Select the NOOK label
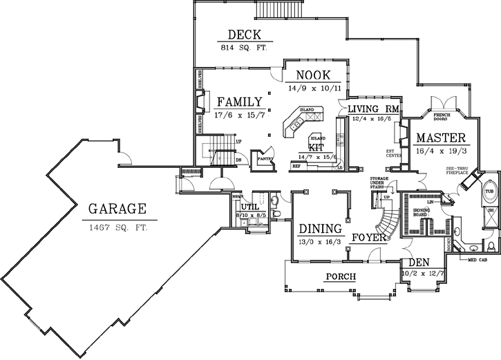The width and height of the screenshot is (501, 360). point(312,75)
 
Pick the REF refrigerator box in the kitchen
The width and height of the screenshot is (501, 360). point(296,167)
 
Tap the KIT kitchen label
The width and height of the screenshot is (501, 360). point(315,147)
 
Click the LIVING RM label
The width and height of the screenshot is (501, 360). point(373,109)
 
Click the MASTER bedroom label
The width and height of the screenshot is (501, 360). point(440,138)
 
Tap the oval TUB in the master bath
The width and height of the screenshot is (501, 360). point(490,191)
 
